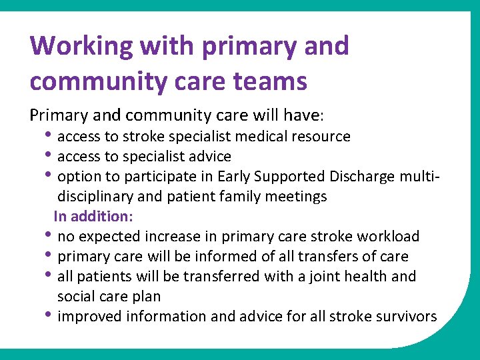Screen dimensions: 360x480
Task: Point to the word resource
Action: coord(321,137)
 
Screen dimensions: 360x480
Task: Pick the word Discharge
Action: coord(361,177)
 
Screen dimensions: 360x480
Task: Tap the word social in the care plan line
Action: coord(75,296)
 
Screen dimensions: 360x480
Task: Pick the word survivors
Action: coord(406,317)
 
